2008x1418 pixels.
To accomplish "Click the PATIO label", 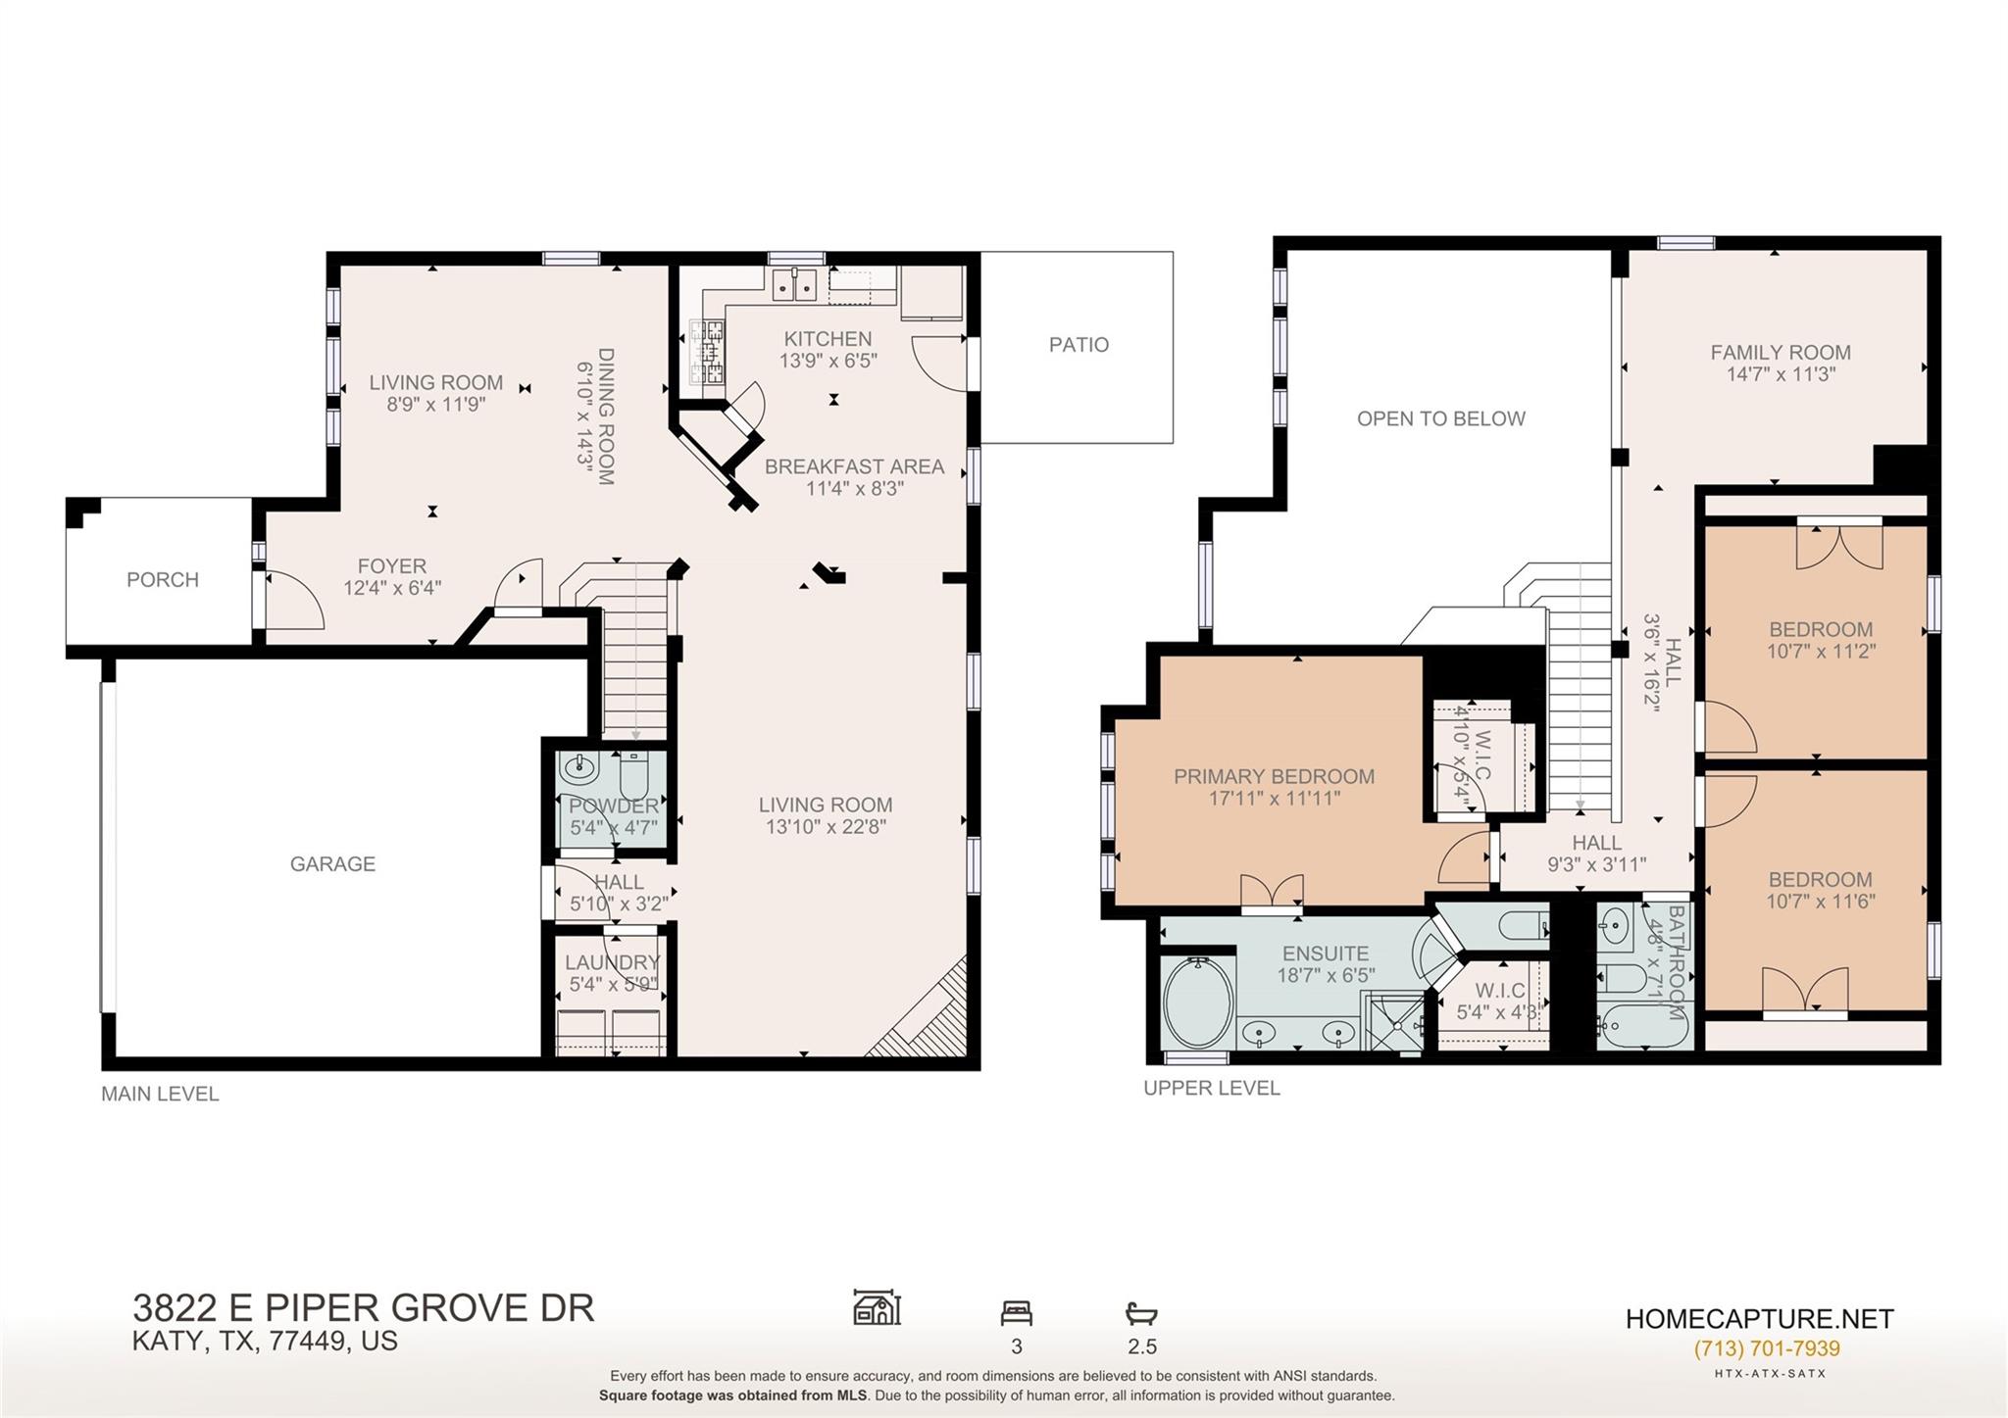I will point(1079,345).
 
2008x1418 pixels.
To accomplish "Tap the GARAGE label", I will point(332,863).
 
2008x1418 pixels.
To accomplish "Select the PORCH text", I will point(163,579).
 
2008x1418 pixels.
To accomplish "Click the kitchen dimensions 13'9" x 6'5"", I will point(828,361).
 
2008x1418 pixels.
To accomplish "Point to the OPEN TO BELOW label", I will point(1440,418).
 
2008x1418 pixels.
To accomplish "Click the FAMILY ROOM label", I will point(1780,352).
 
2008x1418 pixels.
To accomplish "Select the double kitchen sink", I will point(795,285).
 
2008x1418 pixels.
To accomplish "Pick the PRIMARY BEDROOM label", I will point(1274,776).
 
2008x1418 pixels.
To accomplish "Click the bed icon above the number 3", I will point(1016,1312).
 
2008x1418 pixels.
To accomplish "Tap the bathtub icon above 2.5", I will point(1141,1312).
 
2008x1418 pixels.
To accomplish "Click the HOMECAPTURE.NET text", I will point(1759,1319).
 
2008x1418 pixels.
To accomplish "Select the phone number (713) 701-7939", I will point(1766,1348).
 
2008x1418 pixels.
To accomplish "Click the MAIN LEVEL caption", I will point(160,1094).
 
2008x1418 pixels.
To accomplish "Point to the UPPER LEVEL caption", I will point(1211,1088).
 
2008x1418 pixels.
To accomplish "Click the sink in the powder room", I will point(582,765).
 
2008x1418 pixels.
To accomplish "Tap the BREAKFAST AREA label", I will point(854,466).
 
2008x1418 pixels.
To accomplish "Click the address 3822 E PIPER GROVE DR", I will point(363,1308).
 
